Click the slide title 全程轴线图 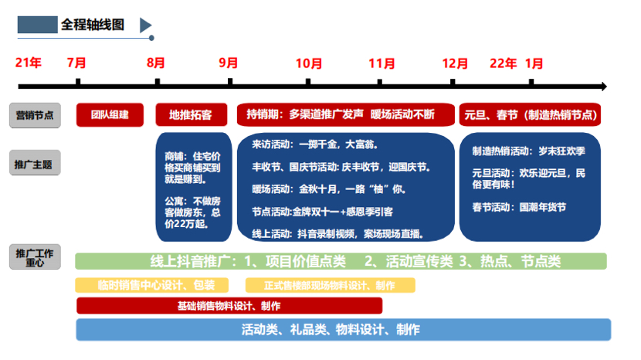(x=93, y=25)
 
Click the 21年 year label (x=29, y=63)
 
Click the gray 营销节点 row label (x=35, y=116)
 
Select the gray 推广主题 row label (x=35, y=165)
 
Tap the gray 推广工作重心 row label (x=35, y=257)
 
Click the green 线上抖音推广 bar (x=341, y=261)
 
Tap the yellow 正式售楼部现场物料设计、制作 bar (x=330, y=285)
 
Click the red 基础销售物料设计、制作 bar (x=229, y=305)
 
